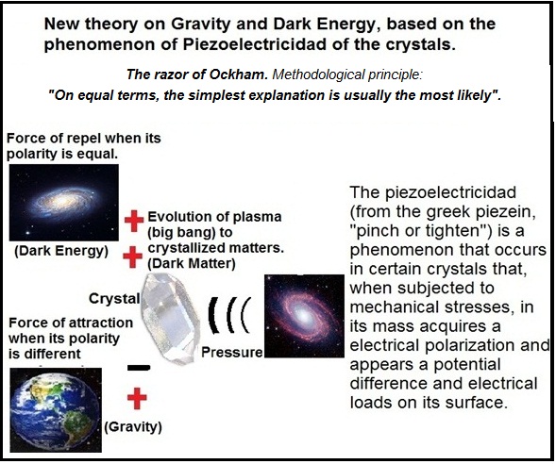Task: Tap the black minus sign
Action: [138, 367]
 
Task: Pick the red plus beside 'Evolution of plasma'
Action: [132, 222]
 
